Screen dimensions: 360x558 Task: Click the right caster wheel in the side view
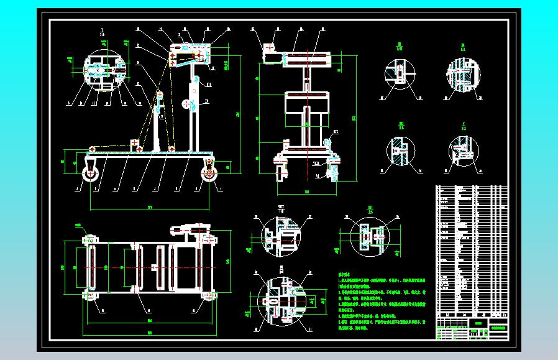[208, 174]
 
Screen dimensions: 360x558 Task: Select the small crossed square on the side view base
[134, 143]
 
